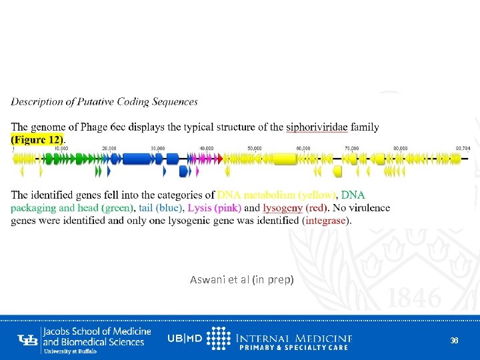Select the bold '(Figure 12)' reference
tap(37, 139)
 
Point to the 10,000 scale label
tap(61, 148)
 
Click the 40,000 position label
tap(206, 148)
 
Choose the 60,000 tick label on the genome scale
tap(303, 148)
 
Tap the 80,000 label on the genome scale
tap(400, 148)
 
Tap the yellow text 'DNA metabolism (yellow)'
tap(277, 195)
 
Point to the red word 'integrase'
tap(327, 220)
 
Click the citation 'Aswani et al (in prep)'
tap(241, 280)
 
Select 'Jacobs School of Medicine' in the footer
tap(97, 331)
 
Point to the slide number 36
tap(454, 340)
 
